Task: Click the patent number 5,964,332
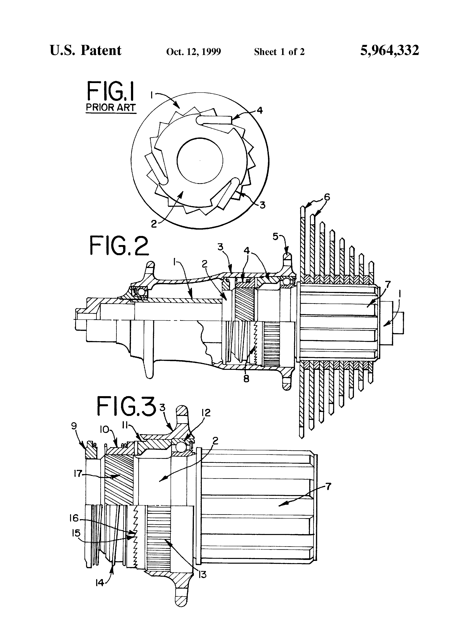pos(390,51)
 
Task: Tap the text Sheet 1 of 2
pos(279,52)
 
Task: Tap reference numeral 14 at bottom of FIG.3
pos(100,583)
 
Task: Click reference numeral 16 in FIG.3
pos(74,518)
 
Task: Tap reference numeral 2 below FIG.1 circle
pos(154,224)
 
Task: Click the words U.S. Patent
pos(86,51)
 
